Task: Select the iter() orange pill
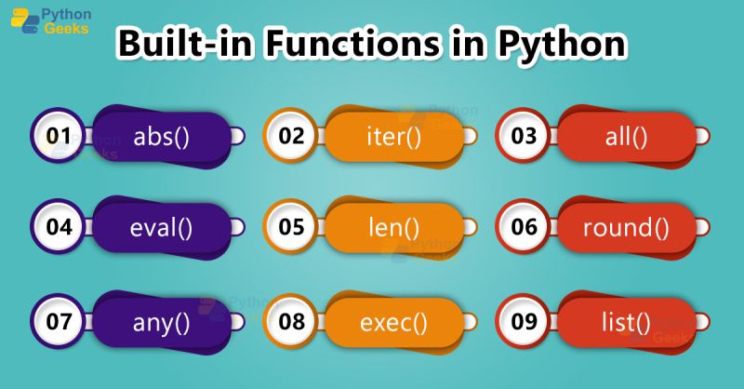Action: tap(393, 137)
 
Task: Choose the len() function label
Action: tap(393, 227)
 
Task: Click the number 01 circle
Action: tap(60, 137)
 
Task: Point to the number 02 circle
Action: tap(292, 137)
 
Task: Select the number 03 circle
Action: tap(525, 137)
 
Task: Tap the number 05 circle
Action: tap(292, 227)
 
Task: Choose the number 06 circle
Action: tap(525, 227)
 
